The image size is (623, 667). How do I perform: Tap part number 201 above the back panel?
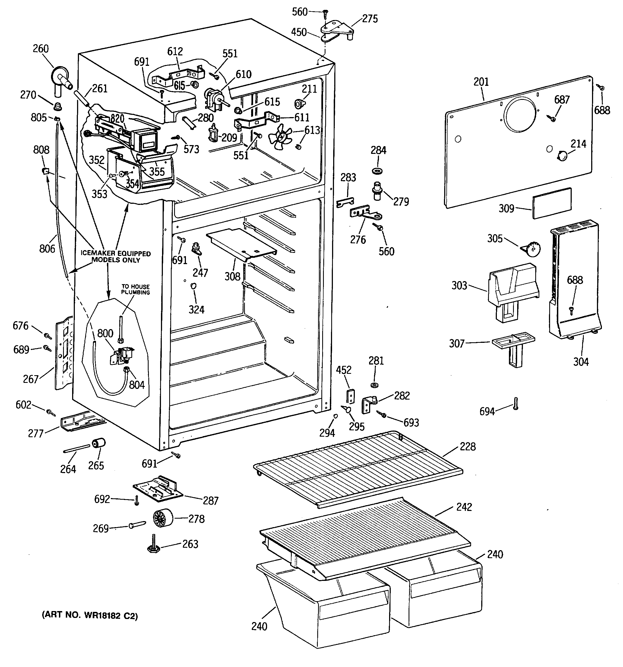coord(481,81)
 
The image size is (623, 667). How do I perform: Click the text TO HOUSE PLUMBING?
coord(135,289)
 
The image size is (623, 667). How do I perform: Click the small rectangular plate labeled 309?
coord(552,203)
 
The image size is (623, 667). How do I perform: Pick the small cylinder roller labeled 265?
coord(99,443)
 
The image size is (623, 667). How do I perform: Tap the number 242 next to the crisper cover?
coord(464,507)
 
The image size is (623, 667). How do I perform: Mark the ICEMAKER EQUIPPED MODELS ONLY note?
coord(116,257)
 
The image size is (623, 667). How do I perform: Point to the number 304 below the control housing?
coord(581,362)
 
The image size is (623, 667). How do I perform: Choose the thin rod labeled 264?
coord(77,449)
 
